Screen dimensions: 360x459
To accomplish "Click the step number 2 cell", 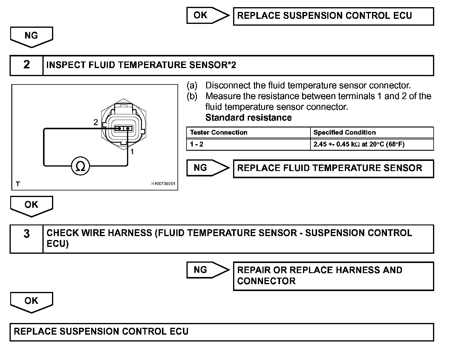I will click(27, 65).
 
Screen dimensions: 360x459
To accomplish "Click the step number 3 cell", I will click(27, 239).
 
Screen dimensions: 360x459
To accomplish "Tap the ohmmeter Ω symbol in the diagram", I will click(80, 166).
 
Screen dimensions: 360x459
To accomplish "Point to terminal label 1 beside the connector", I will click(132, 152).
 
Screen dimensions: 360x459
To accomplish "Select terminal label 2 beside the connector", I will click(96, 122).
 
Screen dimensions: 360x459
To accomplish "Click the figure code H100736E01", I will click(163, 184).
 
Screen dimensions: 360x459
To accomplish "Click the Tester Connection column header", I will click(219, 133).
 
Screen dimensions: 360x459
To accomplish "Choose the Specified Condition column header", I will click(345, 133).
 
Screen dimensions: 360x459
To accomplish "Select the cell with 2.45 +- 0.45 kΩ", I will click(359, 144).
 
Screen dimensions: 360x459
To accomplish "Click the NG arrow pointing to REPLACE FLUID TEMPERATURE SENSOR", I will click(208, 168).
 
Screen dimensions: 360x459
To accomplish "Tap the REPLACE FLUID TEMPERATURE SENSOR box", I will click(333, 169).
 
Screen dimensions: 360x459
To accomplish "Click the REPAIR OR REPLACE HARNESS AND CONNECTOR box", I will click(333, 276).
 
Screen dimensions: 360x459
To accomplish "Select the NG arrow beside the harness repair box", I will click(208, 270).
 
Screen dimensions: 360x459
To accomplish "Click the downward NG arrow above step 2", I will click(31, 37).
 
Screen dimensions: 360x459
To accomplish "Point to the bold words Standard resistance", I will click(248, 118).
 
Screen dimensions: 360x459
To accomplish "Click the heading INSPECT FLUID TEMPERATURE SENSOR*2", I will click(141, 65).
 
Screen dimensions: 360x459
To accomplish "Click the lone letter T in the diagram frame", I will click(18, 184).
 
